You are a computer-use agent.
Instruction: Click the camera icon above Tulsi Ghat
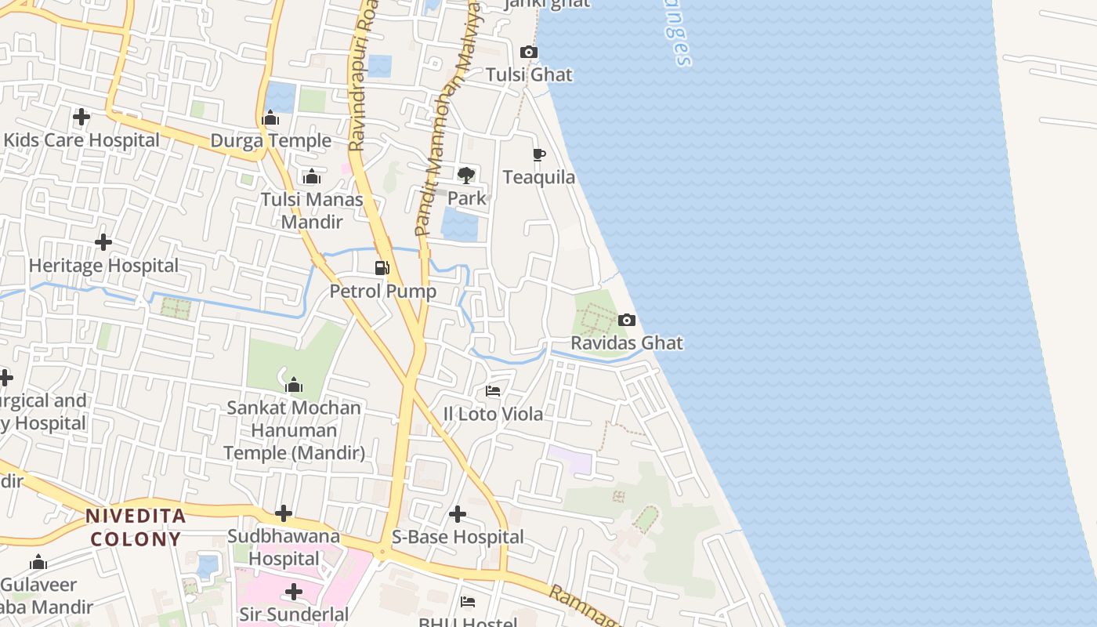click(x=529, y=53)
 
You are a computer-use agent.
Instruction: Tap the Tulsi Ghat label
click(x=529, y=75)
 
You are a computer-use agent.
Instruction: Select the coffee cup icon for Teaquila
click(x=538, y=154)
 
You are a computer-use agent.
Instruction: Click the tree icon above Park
click(x=466, y=175)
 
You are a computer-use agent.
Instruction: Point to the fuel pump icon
click(x=382, y=268)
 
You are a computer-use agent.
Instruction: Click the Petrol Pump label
click(x=382, y=292)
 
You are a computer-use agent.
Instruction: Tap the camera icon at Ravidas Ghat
click(x=627, y=320)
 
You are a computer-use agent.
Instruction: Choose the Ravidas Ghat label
click(x=627, y=343)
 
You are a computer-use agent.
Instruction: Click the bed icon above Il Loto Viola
click(x=493, y=390)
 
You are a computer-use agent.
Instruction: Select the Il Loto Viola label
click(x=493, y=414)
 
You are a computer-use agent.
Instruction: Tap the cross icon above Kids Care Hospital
click(x=81, y=118)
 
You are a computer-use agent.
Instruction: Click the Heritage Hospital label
click(x=103, y=266)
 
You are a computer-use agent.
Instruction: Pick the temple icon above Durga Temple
click(x=270, y=118)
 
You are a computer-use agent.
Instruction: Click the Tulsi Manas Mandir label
click(x=312, y=210)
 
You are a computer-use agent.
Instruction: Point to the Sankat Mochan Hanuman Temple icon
click(x=294, y=385)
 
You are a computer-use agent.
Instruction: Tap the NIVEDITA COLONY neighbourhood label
click(x=136, y=527)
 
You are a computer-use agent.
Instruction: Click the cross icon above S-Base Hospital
click(x=458, y=514)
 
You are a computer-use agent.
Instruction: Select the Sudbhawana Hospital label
click(x=284, y=548)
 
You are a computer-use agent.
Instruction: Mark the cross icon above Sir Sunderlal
click(x=294, y=591)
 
